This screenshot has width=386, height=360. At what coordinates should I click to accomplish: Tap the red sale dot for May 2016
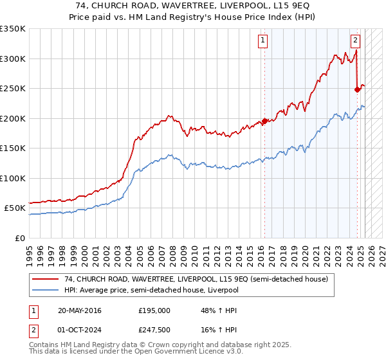pos(264,121)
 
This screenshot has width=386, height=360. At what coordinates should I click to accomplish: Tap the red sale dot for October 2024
pos(357,89)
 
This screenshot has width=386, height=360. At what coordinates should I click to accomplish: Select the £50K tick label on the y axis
pos(15,208)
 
